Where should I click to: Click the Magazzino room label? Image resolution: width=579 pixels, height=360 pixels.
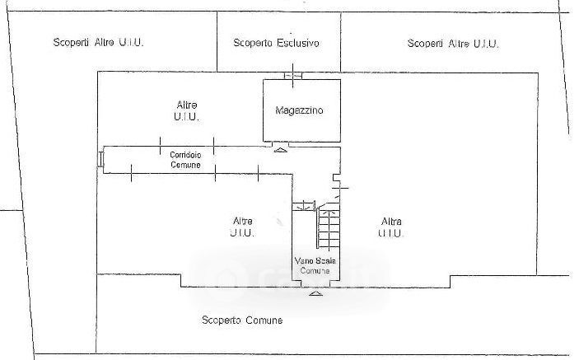(x=299, y=110)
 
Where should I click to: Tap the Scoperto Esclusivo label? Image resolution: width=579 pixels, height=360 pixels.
(x=276, y=43)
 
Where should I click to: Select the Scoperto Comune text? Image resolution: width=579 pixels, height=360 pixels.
(x=242, y=320)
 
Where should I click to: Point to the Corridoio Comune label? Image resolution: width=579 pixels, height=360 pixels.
(x=186, y=160)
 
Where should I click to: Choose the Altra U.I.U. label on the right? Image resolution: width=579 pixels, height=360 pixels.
(x=391, y=227)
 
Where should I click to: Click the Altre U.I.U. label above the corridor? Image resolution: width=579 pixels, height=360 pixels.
(x=186, y=110)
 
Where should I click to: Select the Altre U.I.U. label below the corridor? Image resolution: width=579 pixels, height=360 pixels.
(x=242, y=227)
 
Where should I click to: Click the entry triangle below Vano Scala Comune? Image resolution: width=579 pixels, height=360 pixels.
(x=315, y=292)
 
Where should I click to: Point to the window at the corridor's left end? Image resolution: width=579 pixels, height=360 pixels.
(x=100, y=160)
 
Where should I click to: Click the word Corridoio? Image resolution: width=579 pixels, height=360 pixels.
(x=186, y=155)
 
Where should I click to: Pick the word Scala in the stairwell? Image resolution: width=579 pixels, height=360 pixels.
(x=323, y=261)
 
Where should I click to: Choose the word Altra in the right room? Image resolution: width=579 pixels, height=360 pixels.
(x=391, y=221)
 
